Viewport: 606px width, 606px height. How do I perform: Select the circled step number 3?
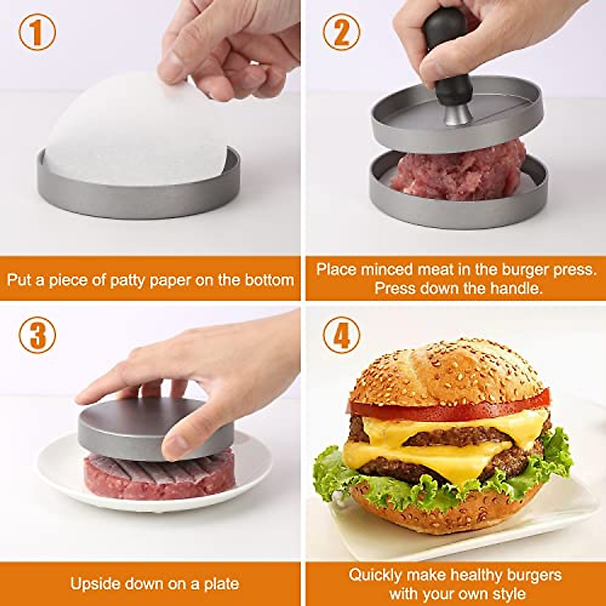click(x=37, y=335)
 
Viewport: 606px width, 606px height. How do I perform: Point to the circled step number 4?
click(x=341, y=335)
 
